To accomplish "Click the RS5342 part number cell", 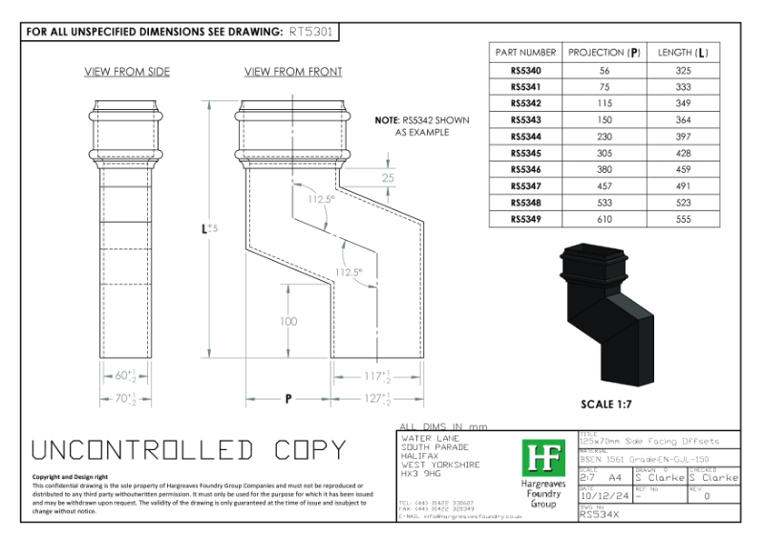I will (525, 102).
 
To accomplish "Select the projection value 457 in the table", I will (604, 185).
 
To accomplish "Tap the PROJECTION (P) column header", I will (604, 52).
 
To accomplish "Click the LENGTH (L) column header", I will (683, 52).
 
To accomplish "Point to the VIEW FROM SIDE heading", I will (127, 72).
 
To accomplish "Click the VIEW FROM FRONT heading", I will (293, 72).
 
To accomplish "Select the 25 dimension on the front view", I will (388, 179).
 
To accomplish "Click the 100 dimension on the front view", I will (288, 322).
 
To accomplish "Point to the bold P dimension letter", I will (287, 398).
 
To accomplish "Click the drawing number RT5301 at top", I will (312, 31).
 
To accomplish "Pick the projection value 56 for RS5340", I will (604, 70).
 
